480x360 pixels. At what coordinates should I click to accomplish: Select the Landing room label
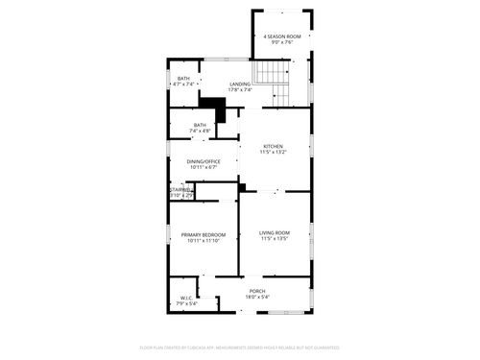(x=240, y=84)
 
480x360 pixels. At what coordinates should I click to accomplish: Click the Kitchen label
(x=274, y=146)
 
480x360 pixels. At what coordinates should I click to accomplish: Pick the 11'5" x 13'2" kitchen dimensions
(x=274, y=152)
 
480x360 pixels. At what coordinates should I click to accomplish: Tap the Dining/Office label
(x=204, y=161)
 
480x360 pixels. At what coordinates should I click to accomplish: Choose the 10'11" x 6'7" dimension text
(x=204, y=167)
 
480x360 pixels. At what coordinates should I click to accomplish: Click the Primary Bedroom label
(x=204, y=234)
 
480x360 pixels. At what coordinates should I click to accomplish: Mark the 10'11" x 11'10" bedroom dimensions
(x=204, y=240)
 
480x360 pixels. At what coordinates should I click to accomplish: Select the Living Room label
(x=274, y=232)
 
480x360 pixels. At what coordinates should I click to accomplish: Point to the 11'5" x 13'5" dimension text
(x=274, y=238)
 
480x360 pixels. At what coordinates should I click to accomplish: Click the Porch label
(x=257, y=291)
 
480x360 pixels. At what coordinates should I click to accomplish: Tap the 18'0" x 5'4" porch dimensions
(x=257, y=297)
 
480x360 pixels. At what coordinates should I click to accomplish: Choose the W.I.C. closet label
(x=186, y=298)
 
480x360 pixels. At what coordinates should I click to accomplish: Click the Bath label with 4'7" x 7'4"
(x=183, y=79)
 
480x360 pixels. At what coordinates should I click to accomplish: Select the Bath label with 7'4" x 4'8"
(x=200, y=125)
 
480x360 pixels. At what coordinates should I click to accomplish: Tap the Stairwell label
(x=181, y=190)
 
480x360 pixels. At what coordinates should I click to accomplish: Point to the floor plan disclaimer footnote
(x=240, y=347)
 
